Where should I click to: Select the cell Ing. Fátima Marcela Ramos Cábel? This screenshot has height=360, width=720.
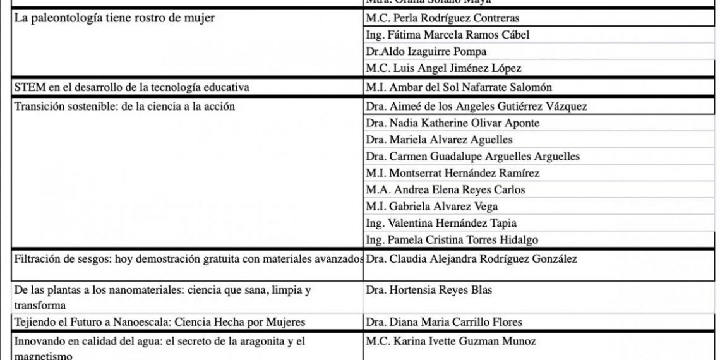click(x=447, y=35)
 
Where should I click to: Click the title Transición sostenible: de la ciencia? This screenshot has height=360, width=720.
click(x=124, y=106)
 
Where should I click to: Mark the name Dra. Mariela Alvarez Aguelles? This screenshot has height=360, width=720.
click(x=439, y=140)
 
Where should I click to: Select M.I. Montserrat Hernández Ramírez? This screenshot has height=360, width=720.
click(x=452, y=173)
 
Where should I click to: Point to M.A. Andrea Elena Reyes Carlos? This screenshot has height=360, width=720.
click(x=445, y=189)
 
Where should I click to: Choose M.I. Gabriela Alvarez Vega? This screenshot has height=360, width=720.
click(x=431, y=207)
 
